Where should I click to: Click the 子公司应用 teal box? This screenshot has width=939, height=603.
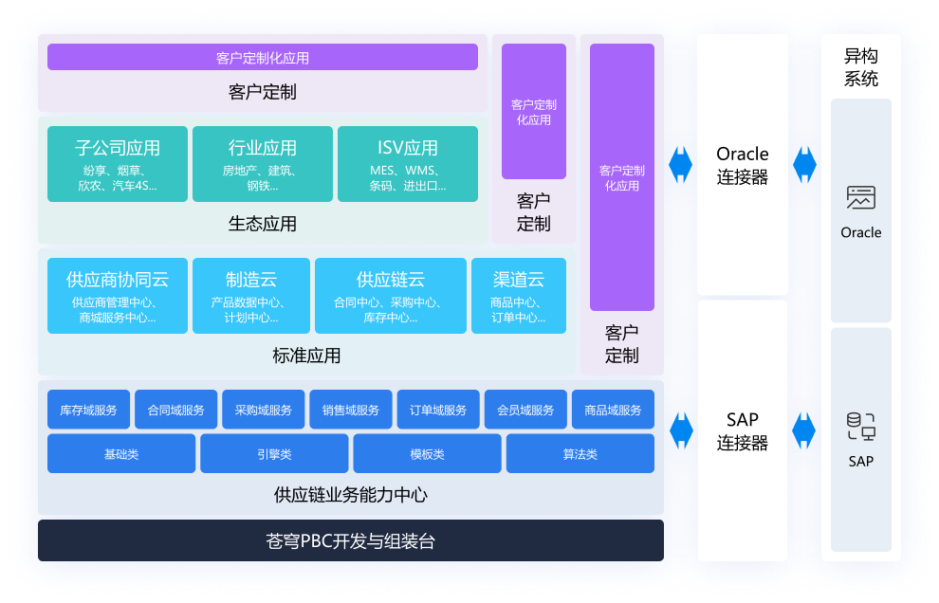pos(118,163)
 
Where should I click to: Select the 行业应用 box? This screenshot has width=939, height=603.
pos(263,163)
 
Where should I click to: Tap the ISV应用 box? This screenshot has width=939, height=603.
pos(408,163)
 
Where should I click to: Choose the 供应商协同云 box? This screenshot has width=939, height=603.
pos(118,295)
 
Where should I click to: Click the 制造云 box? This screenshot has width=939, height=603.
pos(250,295)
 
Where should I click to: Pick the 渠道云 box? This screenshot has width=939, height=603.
pos(518,295)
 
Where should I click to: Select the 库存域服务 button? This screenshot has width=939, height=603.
pos(88,410)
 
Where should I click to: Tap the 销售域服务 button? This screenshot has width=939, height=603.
pos(350,410)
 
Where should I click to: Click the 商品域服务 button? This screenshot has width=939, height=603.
pos(613,410)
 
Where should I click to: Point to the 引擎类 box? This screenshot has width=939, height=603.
pos(274,453)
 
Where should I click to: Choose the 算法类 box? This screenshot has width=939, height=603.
pos(580,453)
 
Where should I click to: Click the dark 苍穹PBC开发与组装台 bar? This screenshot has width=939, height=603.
pos(351,541)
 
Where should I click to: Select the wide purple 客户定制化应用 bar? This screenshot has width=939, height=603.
pos(263,58)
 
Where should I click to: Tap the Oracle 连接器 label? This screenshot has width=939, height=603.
pos(743,165)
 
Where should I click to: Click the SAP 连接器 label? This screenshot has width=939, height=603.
pos(743,430)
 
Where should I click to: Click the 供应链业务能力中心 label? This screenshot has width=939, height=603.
pos(351,495)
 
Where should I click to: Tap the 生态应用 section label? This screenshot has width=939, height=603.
pos(263,224)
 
